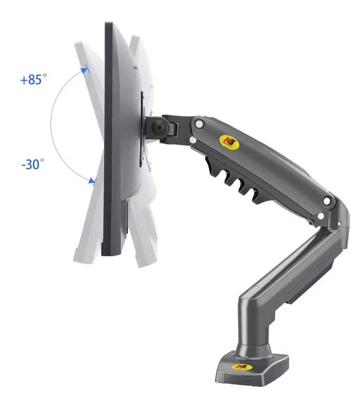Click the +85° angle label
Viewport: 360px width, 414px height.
[33, 79]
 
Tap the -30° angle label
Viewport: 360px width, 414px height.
[33, 164]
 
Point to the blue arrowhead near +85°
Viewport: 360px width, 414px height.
[84, 70]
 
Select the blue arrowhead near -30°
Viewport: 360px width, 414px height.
[92, 181]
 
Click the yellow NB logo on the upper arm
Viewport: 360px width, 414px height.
[229, 142]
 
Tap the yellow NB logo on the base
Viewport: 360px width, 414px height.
[242, 367]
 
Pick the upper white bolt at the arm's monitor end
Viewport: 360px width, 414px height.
[199, 124]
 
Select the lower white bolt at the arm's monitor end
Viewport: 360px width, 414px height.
[193, 140]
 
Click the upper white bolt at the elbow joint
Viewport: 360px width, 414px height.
[327, 201]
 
